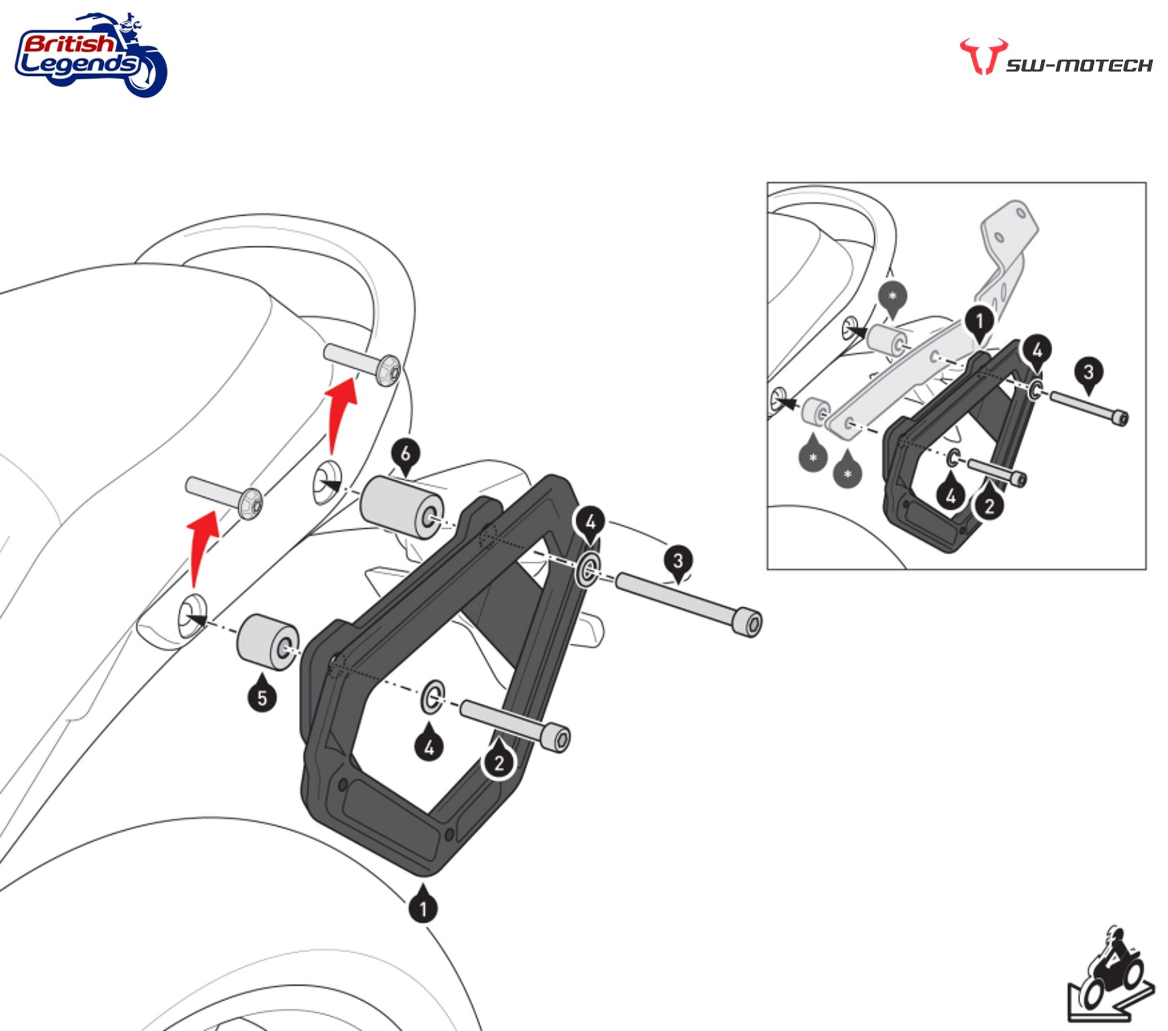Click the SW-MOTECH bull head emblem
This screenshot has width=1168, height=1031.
tap(983, 56)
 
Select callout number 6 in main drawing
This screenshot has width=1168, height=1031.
tap(405, 454)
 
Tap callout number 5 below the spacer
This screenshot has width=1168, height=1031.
tap(262, 698)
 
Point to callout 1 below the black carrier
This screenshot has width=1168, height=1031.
tap(423, 908)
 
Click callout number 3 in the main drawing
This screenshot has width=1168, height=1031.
tap(678, 561)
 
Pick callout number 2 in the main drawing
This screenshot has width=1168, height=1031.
tap(499, 763)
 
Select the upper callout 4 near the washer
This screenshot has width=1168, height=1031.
tap(591, 522)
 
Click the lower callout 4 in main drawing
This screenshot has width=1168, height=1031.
tap(429, 747)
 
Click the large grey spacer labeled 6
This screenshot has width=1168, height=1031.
tap(401, 507)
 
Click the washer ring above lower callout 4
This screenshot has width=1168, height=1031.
tap(432, 696)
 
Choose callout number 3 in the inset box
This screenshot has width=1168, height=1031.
tap(1088, 372)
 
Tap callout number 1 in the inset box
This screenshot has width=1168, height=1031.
tap(979, 322)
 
